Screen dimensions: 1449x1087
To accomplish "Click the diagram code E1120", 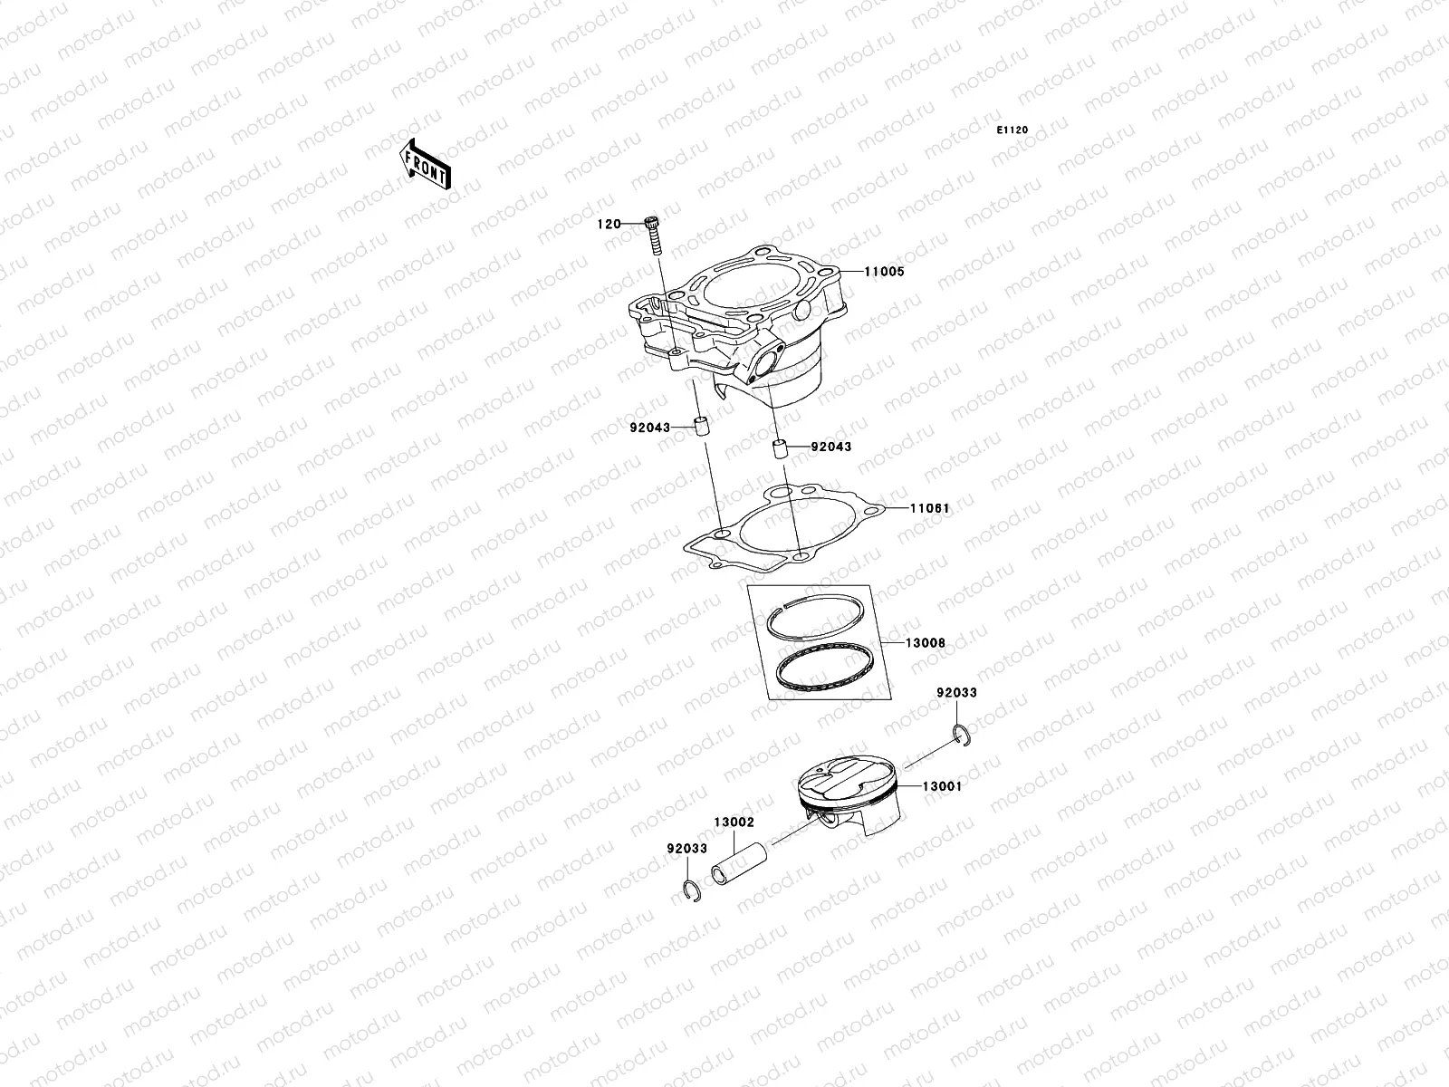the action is [x=1013, y=130].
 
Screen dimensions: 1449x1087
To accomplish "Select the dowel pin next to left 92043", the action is [x=700, y=427].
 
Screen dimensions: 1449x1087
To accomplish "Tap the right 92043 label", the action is [x=830, y=447].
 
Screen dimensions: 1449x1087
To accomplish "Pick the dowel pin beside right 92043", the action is [x=778, y=450].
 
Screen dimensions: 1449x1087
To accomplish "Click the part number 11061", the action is [x=929, y=508].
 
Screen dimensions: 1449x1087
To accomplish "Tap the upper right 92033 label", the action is [x=956, y=692].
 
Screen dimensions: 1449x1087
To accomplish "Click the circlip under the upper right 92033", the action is [x=963, y=735].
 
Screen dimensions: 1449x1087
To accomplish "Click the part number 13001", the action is [x=942, y=786].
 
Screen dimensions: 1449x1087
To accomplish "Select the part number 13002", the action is [x=734, y=822].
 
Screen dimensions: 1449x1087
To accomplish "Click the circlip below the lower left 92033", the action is [x=689, y=892].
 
